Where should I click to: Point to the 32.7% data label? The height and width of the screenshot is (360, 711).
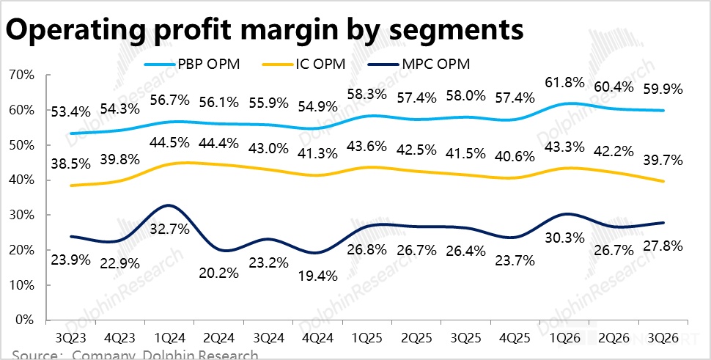tap(170, 228)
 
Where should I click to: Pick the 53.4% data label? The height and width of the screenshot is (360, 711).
tap(70, 111)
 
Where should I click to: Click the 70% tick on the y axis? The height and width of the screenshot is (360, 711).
tap(21, 75)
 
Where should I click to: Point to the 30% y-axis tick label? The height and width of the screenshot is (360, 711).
tap(21, 215)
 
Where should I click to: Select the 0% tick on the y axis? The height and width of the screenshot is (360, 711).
tap(23, 320)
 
